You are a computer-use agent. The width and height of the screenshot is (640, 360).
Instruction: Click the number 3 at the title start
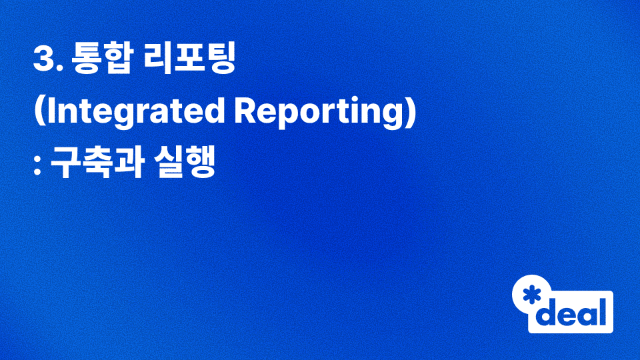pyautogui.click(x=43, y=61)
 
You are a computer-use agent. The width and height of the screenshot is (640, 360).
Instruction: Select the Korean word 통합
pyautogui.click(x=97, y=61)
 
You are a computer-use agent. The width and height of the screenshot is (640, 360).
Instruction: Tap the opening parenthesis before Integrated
pyautogui.click(x=38, y=114)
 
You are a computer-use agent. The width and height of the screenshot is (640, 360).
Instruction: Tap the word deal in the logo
pyautogui.click(x=574, y=311)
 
